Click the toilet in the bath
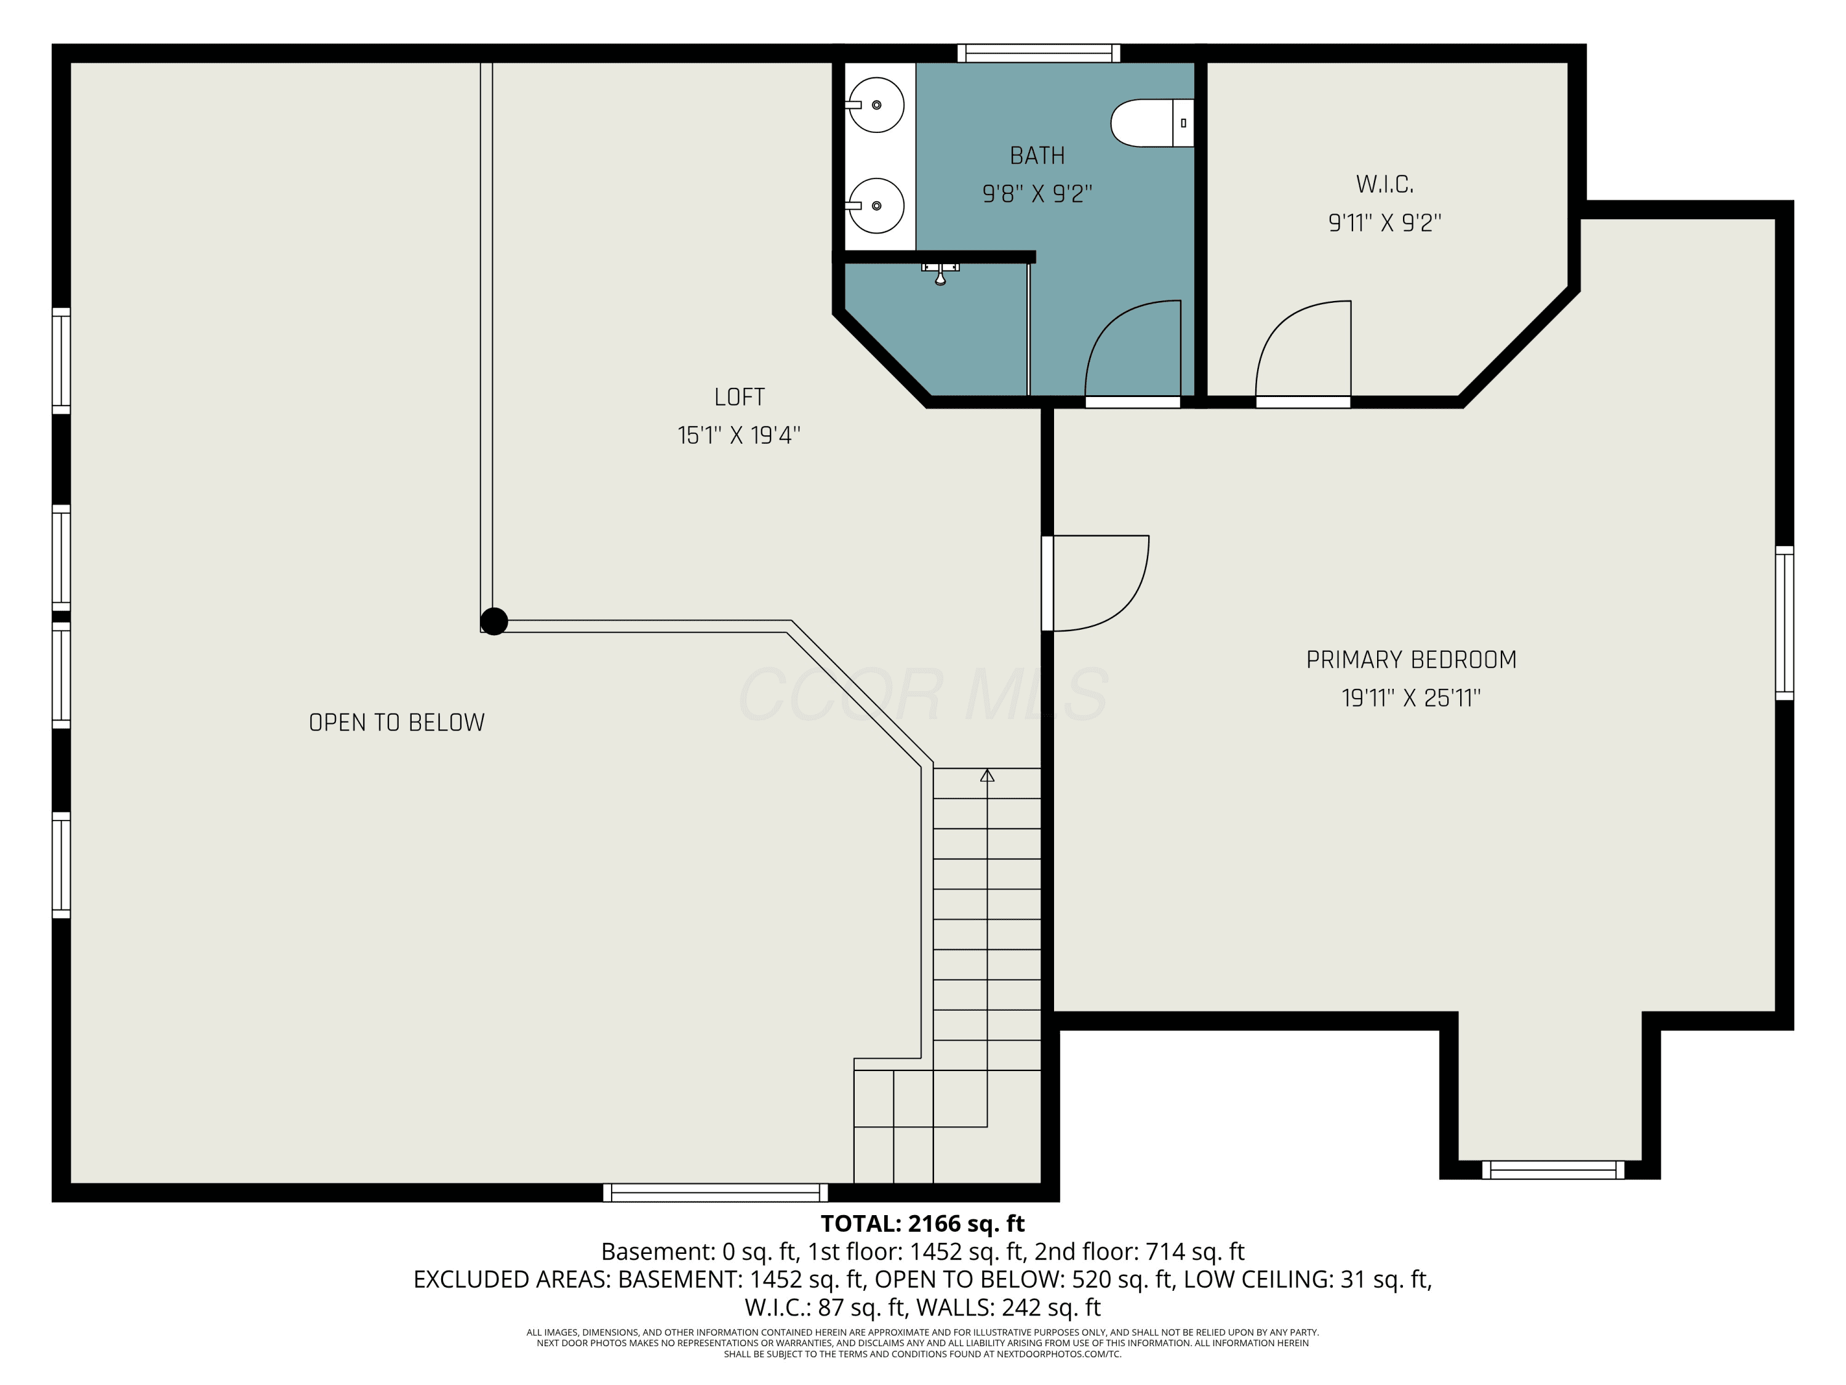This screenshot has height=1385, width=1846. coord(1152,122)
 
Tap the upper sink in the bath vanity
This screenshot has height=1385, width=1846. coord(876,105)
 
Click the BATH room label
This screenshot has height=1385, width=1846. coord(1037,156)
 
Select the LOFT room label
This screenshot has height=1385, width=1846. coord(740,398)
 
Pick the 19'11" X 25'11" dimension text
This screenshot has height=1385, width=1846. coord(1411,698)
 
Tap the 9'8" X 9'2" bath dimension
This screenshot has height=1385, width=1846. coord(1037,194)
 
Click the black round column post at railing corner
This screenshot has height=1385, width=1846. coord(494,621)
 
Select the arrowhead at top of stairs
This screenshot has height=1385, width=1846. coord(987,776)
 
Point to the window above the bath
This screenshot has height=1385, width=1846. coord(1038,54)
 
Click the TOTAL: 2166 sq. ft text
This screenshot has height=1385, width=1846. coord(922,1224)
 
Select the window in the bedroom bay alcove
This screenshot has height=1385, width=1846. coord(1553,1170)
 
